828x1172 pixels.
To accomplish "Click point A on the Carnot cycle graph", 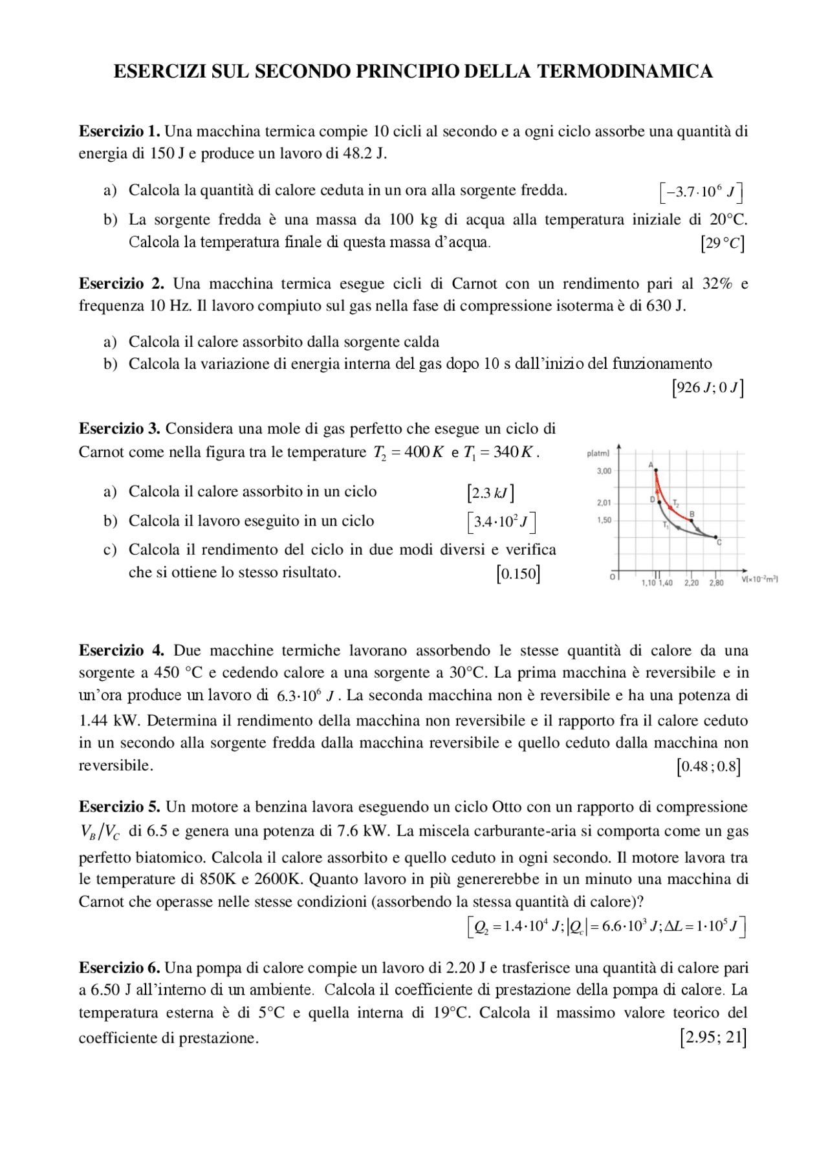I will coord(655,470).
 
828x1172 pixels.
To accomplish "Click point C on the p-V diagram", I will coord(716,537).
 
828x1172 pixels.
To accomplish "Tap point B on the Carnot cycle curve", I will coord(690,520).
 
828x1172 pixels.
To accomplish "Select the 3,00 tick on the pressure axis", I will coord(604,471).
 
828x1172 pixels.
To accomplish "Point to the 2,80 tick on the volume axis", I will coord(716,582).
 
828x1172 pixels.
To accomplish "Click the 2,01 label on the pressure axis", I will coord(604,503).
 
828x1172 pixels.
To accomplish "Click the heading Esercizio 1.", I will coord(119,131).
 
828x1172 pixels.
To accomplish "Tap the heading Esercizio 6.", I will coord(119,967).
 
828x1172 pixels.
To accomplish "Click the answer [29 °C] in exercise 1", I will coord(722,243).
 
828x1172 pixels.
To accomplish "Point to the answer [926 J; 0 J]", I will coord(707,388).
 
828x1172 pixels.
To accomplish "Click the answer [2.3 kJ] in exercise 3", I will coord(490,493).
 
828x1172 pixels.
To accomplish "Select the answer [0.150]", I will coord(518,574).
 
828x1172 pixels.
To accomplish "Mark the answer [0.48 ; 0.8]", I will coord(708,767).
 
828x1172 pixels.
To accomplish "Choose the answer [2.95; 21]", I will coord(713,1037).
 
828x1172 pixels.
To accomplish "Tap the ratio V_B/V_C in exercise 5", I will coord(100,832).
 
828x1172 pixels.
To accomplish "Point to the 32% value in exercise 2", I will coord(717,283).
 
